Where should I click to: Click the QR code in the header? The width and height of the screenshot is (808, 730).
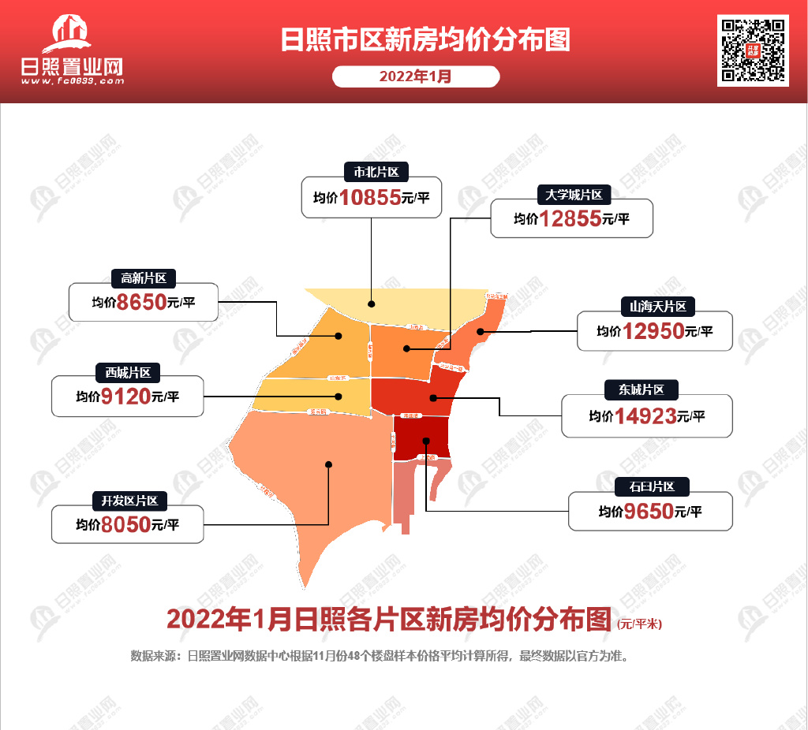[753, 50]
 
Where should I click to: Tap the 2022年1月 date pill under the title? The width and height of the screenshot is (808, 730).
[416, 76]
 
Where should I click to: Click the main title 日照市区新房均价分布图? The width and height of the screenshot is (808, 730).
[425, 40]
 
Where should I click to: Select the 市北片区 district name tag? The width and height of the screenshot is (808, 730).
[370, 172]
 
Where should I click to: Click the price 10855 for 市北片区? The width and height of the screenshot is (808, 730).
[371, 198]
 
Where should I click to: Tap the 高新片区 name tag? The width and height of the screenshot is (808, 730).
[143, 277]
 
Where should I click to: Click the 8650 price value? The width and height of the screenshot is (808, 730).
[141, 303]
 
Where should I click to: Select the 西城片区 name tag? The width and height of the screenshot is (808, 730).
[128, 372]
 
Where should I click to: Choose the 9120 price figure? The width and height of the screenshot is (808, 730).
[125, 397]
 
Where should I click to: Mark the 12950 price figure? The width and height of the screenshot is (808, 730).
[654, 332]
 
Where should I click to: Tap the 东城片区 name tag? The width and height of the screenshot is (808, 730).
[642, 389]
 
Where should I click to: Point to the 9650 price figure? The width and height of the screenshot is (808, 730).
[649, 512]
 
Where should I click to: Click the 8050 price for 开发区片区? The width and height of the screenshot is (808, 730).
[125, 525]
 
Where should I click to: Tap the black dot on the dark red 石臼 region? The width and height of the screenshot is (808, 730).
[425, 441]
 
